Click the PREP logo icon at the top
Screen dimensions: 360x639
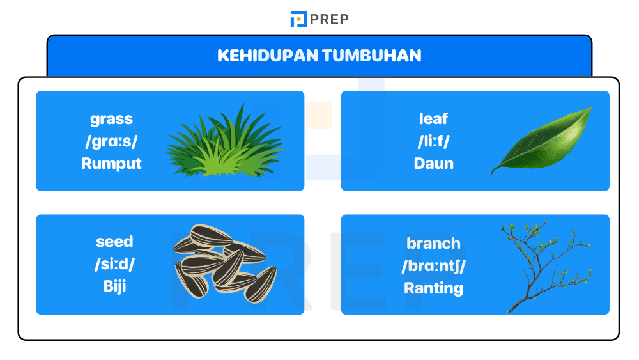298,19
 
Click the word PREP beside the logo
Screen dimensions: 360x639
330,19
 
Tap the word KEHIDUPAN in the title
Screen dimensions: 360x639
267,56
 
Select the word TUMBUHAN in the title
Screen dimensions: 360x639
372,56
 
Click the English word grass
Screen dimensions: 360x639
111,119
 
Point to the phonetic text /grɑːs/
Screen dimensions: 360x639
111,141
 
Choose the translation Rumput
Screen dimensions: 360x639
111,163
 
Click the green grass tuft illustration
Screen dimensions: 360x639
224,144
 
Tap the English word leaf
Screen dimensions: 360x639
433,119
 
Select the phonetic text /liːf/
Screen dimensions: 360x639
433,141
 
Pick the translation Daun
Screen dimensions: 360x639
433,163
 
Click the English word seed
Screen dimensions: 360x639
114,242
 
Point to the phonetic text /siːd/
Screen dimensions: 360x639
114,264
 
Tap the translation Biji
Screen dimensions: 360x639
114,286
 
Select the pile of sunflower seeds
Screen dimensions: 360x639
224,262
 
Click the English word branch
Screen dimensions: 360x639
433,244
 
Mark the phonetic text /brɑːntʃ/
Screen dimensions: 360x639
433,266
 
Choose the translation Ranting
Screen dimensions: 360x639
433,288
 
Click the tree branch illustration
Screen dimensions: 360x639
543,265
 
